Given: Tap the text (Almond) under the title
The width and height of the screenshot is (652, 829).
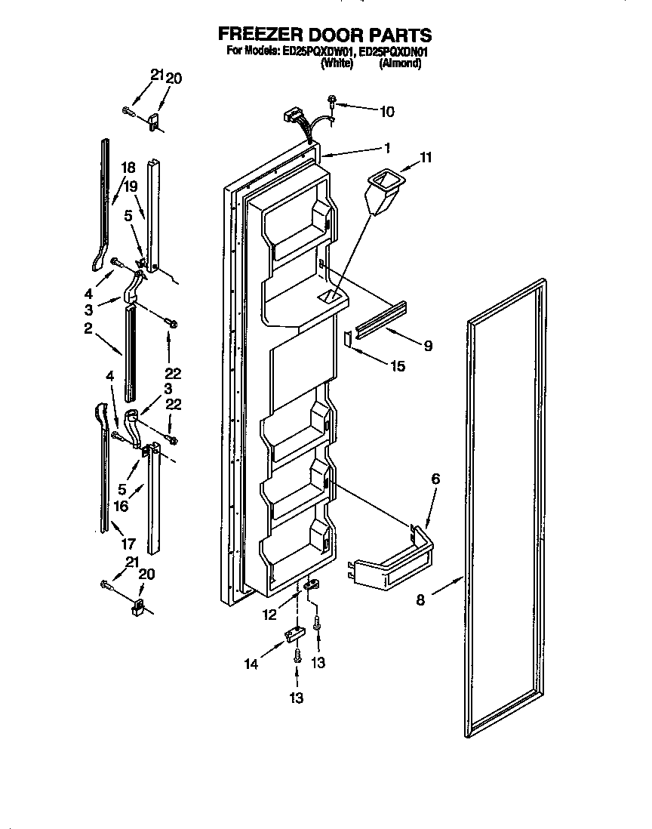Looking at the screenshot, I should [x=399, y=65].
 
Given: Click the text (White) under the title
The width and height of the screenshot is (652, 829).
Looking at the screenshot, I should [x=337, y=65].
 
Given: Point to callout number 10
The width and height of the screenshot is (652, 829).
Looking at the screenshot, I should [x=386, y=112].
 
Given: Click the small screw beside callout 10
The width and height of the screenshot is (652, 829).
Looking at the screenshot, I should [x=332, y=101].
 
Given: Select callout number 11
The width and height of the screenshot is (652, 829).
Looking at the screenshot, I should [x=426, y=158].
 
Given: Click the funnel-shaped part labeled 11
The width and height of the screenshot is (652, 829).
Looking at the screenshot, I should [x=380, y=192].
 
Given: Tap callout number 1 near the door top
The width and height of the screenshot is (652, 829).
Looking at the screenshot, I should [x=386, y=147].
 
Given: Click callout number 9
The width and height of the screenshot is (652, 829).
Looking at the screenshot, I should [x=427, y=347].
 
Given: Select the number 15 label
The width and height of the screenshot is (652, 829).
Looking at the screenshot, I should [x=396, y=366].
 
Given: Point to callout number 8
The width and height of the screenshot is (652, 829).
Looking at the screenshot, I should [x=421, y=601].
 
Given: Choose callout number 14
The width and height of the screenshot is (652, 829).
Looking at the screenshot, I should [x=251, y=664].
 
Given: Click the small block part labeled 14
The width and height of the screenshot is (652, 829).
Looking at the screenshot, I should [x=293, y=633].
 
